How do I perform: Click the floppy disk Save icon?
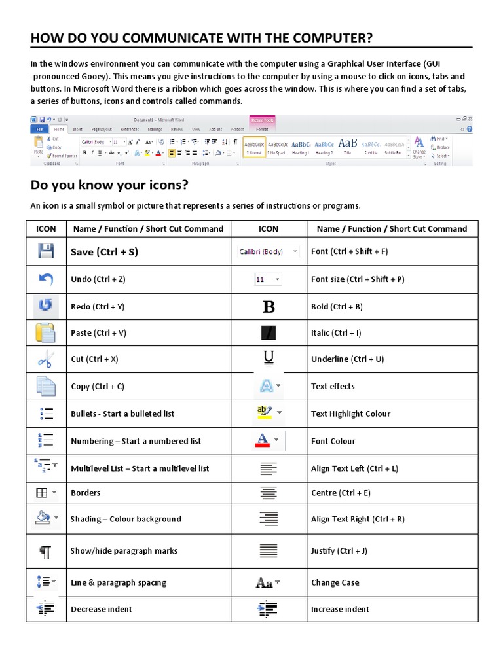point(46,251)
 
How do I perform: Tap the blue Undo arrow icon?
point(46,279)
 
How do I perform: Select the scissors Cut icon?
point(46,359)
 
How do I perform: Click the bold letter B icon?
point(269,307)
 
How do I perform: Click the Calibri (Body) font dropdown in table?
point(268,251)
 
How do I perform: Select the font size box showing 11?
point(268,279)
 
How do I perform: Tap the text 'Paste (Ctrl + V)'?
point(98,333)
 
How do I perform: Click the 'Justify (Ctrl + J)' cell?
point(339,551)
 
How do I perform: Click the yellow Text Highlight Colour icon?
point(265,413)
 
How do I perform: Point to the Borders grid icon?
point(42,493)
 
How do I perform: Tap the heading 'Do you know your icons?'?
point(109,185)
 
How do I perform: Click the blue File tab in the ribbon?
point(40,130)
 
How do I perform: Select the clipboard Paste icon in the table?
point(46,333)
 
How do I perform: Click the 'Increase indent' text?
point(340,609)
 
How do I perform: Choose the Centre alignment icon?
point(269,493)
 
